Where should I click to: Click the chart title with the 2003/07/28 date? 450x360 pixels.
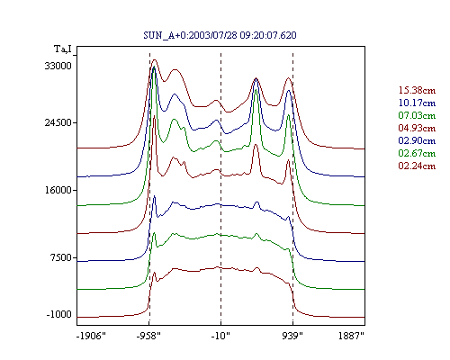[220, 35]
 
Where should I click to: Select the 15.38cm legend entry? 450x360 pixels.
[417, 90]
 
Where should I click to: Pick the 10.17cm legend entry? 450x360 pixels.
[417, 103]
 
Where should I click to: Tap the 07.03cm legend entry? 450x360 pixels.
[417, 115]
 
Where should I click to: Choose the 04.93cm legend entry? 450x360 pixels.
[417, 128]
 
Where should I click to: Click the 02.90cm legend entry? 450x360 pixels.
[417, 140]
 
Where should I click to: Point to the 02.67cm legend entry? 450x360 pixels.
[417, 153]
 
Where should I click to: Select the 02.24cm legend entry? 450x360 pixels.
[417, 166]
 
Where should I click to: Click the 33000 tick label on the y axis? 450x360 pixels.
[58, 66]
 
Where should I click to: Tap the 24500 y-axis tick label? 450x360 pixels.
[58, 122]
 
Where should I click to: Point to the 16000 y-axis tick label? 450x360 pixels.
[58, 190]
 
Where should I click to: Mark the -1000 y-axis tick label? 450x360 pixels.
[59, 314]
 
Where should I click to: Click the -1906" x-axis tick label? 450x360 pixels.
[91, 336]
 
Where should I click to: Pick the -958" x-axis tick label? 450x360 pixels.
[148, 336]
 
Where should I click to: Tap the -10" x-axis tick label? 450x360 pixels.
[220, 336]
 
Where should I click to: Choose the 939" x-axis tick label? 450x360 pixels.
[292, 336]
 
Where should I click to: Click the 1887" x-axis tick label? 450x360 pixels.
[351, 336]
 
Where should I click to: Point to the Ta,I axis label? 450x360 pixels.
[63, 49]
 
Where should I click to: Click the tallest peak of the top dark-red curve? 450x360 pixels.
[155, 60]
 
